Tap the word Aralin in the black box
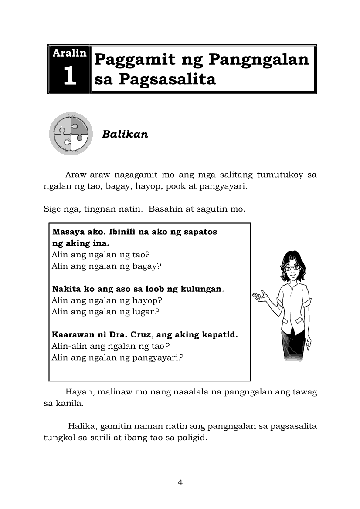click(x=69, y=53)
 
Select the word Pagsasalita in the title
click(x=167, y=80)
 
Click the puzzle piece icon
click(x=71, y=133)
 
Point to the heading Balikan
click(x=125, y=134)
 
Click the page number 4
click(x=180, y=482)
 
